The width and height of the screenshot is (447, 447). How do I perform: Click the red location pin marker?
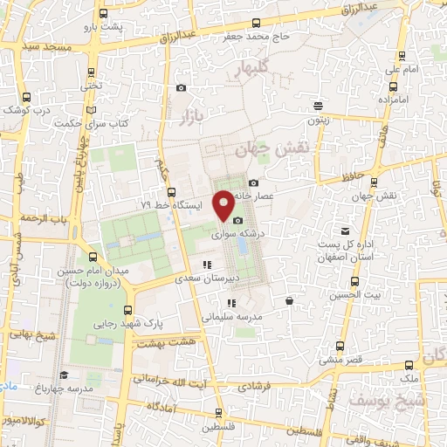coord(224,204)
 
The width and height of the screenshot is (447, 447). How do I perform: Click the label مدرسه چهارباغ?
coord(67,387)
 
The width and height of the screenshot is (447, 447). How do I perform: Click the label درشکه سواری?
coord(236,235)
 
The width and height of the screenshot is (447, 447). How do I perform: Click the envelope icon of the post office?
coord(346,230)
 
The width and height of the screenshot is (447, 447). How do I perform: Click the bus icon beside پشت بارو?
coord(104,15)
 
